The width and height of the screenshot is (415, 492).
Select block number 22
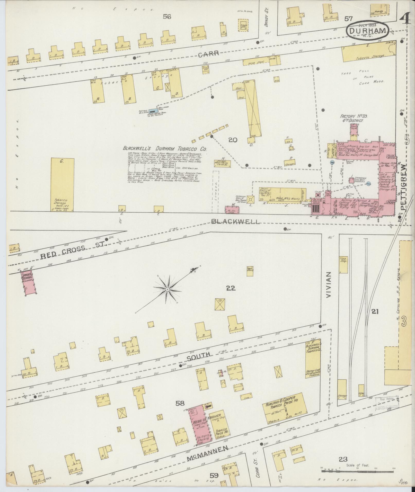point(231,288)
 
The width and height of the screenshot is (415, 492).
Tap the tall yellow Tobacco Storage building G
point(62,184)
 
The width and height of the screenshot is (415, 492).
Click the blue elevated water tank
point(152,111)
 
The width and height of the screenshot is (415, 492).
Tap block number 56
point(167,17)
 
